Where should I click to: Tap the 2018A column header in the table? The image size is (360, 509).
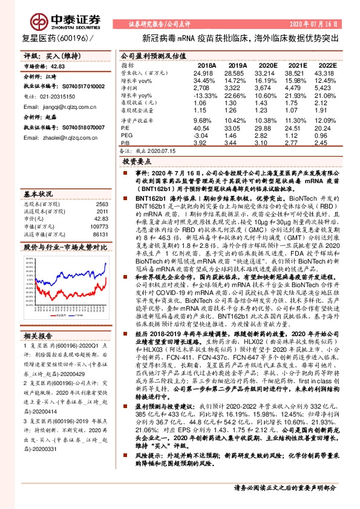206,65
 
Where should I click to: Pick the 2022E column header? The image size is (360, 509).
326,65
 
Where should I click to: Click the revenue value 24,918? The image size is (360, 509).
205,73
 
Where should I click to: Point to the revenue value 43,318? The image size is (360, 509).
325,73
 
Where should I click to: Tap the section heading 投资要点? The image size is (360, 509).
136,163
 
